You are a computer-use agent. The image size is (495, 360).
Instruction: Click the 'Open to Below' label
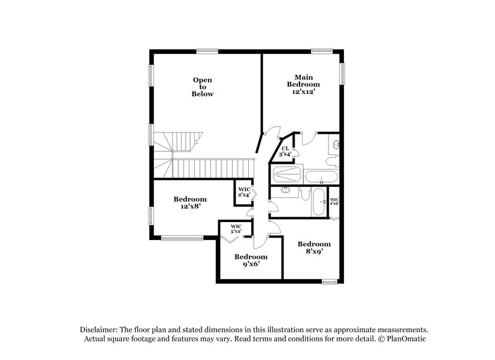pos(202,87)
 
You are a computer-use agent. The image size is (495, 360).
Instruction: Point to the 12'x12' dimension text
pos(303,92)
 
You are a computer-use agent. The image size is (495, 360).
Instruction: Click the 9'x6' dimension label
pos(251,264)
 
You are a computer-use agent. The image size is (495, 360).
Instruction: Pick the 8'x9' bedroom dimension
pos(314,252)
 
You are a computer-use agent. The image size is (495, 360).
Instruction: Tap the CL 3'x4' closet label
pos(286,151)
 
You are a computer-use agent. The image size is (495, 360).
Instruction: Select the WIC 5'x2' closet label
pos(236,228)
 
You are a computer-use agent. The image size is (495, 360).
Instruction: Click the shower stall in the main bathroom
pos(286,176)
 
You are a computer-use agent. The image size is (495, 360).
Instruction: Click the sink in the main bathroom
pos(335,146)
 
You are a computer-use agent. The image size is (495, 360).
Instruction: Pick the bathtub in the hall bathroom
pos(319,202)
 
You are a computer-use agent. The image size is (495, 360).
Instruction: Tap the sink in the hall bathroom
pos(285,190)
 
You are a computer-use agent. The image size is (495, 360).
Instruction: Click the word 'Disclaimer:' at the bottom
pos(99,330)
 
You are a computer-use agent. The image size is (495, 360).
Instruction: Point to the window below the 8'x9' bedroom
pos(330,282)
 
